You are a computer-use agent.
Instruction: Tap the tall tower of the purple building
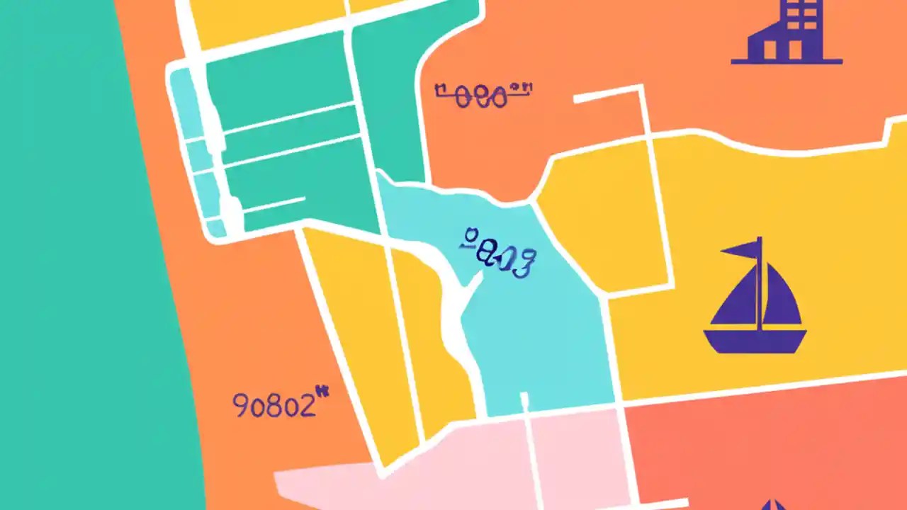pos(801,25)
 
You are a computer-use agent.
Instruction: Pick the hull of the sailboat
pos(755,340)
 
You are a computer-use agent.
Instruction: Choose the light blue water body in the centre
pos(539,340)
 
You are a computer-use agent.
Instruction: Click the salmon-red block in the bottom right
pos(765,446)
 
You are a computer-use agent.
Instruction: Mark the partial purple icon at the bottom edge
pos(772,504)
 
